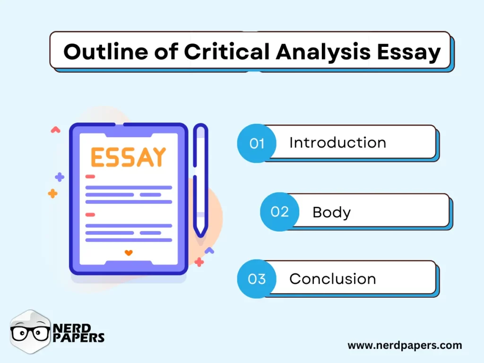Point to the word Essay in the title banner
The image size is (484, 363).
coord(409,52)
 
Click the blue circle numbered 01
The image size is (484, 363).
coord(257,143)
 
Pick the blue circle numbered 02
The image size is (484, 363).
coord(279,212)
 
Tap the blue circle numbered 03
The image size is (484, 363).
coord(257,279)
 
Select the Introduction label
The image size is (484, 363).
coord(337,143)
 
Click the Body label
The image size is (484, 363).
coord(331,212)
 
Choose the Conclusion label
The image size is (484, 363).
coord(332,279)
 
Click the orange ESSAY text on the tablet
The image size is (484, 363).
coord(128,157)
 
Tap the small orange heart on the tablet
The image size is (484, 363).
coord(129,253)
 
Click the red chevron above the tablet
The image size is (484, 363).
coord(55,130)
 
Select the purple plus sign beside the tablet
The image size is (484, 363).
coord(60,177)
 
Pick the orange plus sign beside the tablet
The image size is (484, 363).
coord(52,193)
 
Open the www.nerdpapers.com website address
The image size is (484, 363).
coord(405,346)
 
